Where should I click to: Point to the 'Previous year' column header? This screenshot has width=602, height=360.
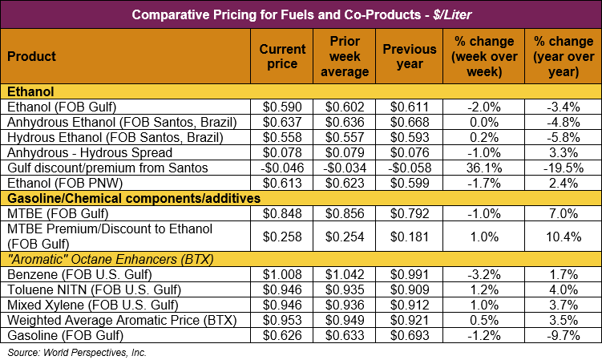pyautogui.click(x=409, y=57)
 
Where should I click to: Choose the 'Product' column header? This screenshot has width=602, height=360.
pyautogui.click(x=31, y=57)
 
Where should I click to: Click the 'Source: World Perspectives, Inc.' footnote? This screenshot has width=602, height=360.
pyautogui.click(x=77, y=351)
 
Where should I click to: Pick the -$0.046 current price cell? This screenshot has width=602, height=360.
pyautogui.click(x=281, y=168)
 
